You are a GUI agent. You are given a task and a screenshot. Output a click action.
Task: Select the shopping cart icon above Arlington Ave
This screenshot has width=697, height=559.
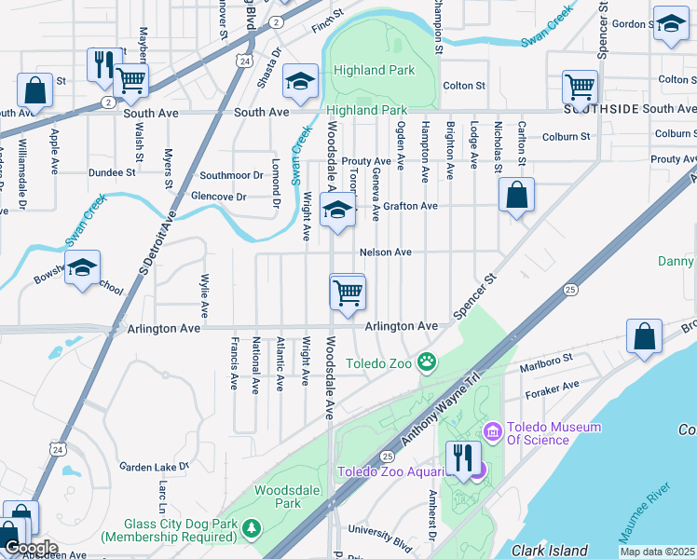(x=347, y=293)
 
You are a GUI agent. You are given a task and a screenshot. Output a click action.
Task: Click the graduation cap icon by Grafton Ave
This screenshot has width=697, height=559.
(x=337, y=211)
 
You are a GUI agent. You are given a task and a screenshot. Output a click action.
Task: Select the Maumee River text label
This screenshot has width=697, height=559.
(x=645, y=502)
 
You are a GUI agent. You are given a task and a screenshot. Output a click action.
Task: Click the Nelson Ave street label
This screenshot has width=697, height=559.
(x=386, y=252)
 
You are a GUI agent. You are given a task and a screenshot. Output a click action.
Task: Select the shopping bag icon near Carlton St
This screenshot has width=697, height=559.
(x=516, y=197)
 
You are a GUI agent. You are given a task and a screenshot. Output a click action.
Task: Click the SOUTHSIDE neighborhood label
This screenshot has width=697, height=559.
(x=600, y=109)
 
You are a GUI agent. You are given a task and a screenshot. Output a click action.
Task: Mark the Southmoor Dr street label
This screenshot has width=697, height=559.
(x=232, y=175)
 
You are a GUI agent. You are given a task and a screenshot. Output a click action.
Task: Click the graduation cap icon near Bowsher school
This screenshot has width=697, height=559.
(x=83, y=269)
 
